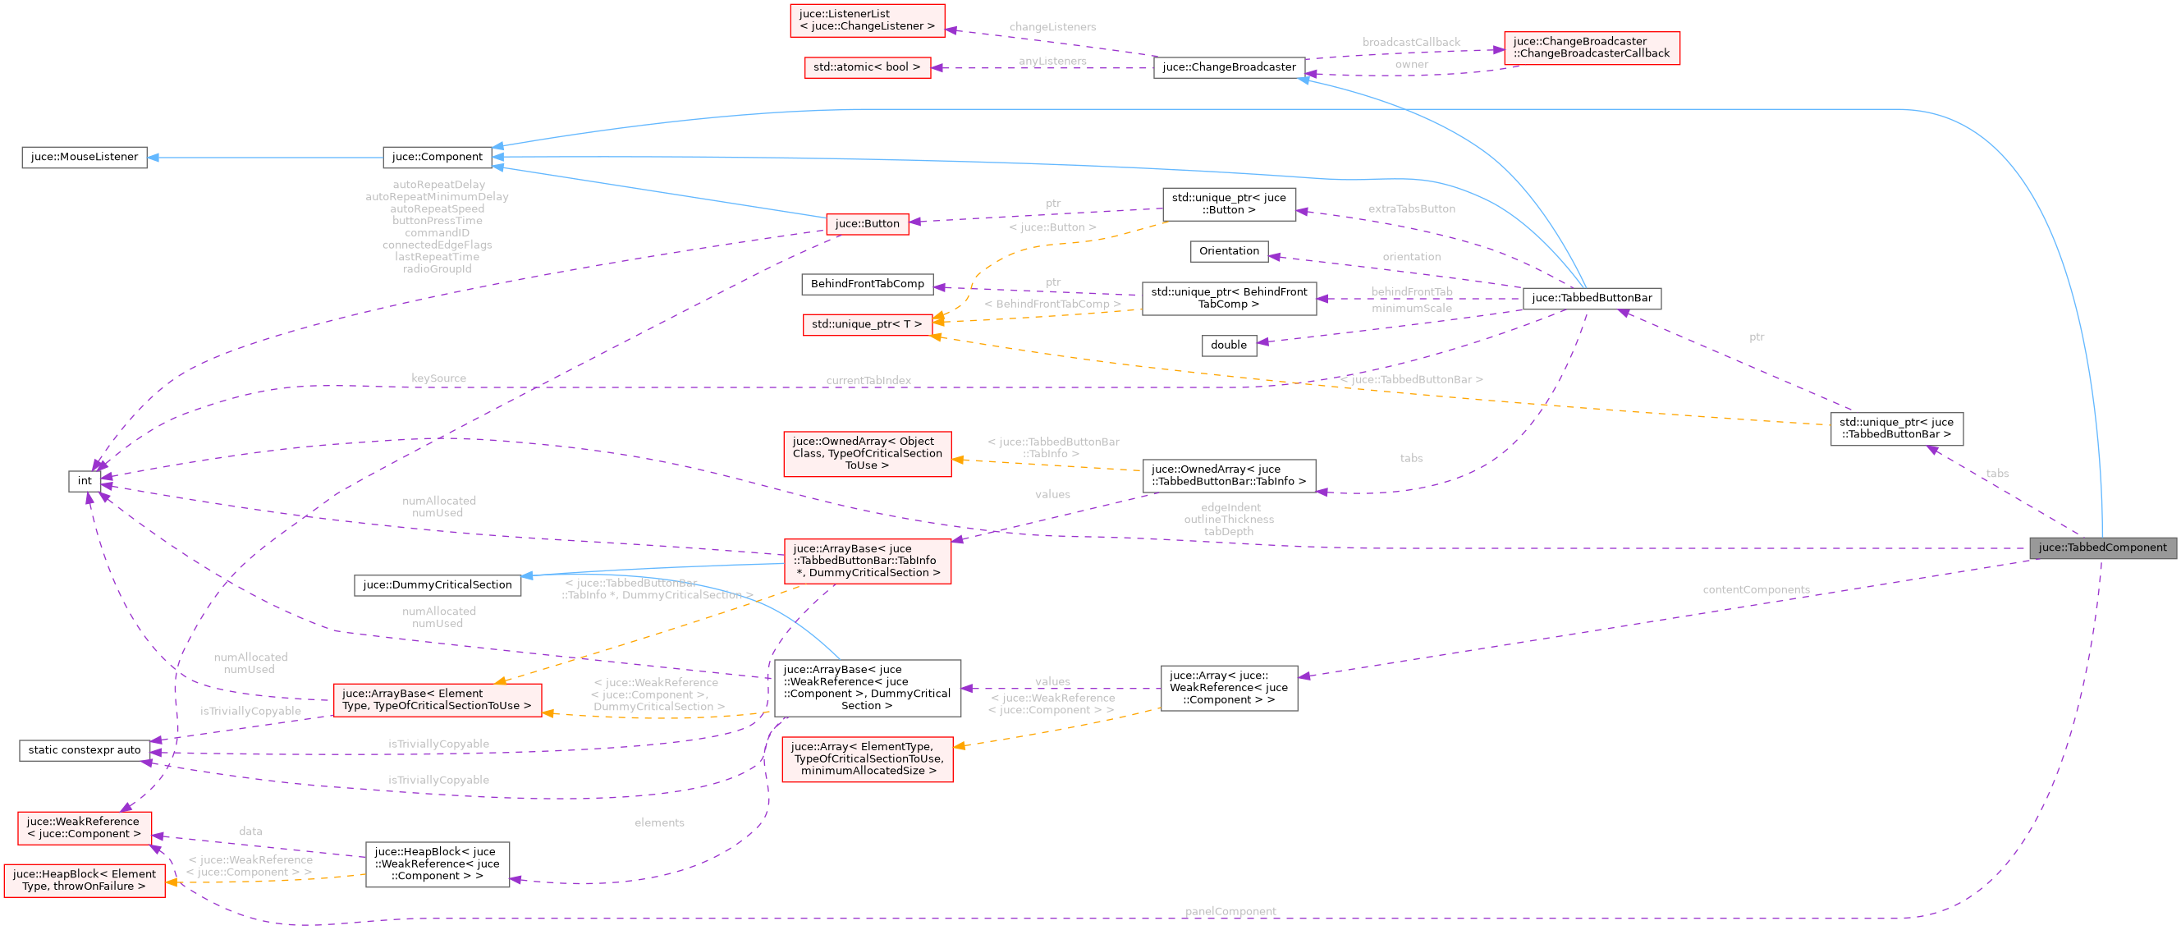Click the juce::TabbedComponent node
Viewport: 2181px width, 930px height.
click(x=2101, y=547)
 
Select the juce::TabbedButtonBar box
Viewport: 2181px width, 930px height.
click(x=1591, y=298)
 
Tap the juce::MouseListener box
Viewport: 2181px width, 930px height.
click(x=84, y=157)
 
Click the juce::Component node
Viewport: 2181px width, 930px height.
click(x=437, y=157)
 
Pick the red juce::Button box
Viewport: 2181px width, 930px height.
click(x=866, y=223)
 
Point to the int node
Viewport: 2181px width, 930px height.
click(x=85, y=481)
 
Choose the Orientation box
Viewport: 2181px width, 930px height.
click(x=1228, y=250)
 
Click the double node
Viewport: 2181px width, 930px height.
click(x=1228, y=345)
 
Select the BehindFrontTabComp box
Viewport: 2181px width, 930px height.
click(x=867, y=284)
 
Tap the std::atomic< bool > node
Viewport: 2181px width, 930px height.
click(x=866, y=67)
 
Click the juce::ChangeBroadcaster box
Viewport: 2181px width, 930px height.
click(x=1229, y=67)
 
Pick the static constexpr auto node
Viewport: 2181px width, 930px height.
click(x=84, y=749)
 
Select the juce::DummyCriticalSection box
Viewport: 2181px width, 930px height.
click(x=437, y=584)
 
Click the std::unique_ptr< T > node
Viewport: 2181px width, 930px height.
click(x=866, y=323)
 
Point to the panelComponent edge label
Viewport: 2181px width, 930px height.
click(x=1230, y=911)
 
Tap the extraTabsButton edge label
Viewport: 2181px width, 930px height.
click(x=1410, y=208)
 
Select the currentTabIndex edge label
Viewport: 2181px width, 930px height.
click(x=868, y=380)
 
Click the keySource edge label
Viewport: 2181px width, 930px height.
click(x=438, y=378)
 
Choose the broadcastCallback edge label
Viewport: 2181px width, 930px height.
click(x=1410, y=42)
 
